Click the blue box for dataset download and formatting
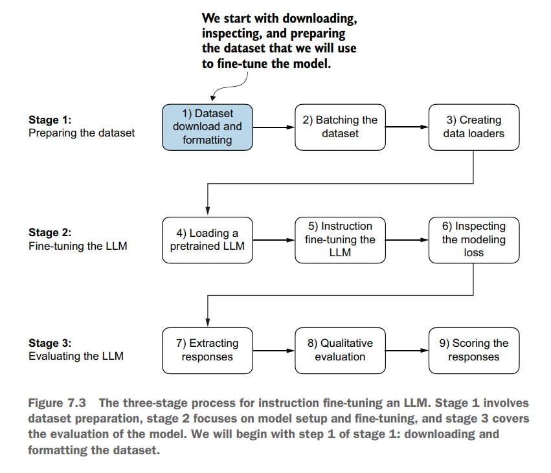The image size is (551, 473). point(207,127)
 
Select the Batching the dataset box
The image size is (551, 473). point(340,127)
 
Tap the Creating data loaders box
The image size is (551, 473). point(474,127)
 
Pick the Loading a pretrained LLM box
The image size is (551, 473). point(207,240)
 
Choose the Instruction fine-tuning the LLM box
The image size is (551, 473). point(340,240)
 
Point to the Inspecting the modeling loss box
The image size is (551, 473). point(474,240)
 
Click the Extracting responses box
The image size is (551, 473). point(207,351)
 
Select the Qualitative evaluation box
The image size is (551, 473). point(340,351)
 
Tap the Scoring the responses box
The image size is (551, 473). point(474,351)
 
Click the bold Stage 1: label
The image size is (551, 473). point(50,120)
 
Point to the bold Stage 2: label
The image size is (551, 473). point(50,232)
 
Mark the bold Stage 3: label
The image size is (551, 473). point(50,343)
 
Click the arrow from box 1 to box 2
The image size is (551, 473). point(274,127)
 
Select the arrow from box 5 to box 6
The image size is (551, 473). point(407,240)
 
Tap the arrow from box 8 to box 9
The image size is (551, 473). point(407,351)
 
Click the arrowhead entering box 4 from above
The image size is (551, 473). point(208,210)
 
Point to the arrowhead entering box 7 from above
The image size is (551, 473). point(208,322)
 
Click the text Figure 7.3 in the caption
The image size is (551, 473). point(57,403)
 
